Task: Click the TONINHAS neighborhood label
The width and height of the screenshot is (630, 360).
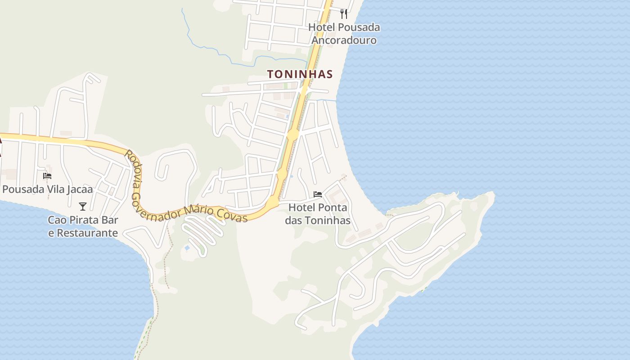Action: [x=300, y=74]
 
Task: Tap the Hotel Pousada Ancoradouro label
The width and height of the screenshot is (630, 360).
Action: [x=344, y=34]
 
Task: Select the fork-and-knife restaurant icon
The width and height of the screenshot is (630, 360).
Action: [x=344, y=14]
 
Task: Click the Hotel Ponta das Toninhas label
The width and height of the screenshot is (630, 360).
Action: [x=318, y=214]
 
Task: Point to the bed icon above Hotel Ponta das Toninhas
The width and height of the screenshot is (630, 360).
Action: [x=318, y=194]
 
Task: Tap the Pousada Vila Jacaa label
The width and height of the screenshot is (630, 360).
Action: [x=48, y=189]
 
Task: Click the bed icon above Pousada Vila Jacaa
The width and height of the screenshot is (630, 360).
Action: [x=47, y=176]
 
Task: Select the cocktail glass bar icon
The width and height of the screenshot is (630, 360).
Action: [x=83, y=207]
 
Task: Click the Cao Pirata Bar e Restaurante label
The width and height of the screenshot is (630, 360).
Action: [x=83, y=227]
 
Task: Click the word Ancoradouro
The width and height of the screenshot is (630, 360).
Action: [x=344, y=40]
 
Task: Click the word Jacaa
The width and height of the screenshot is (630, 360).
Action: [x=79, y=189]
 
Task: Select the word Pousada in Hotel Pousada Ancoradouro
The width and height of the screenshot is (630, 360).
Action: [x=359, y=27]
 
